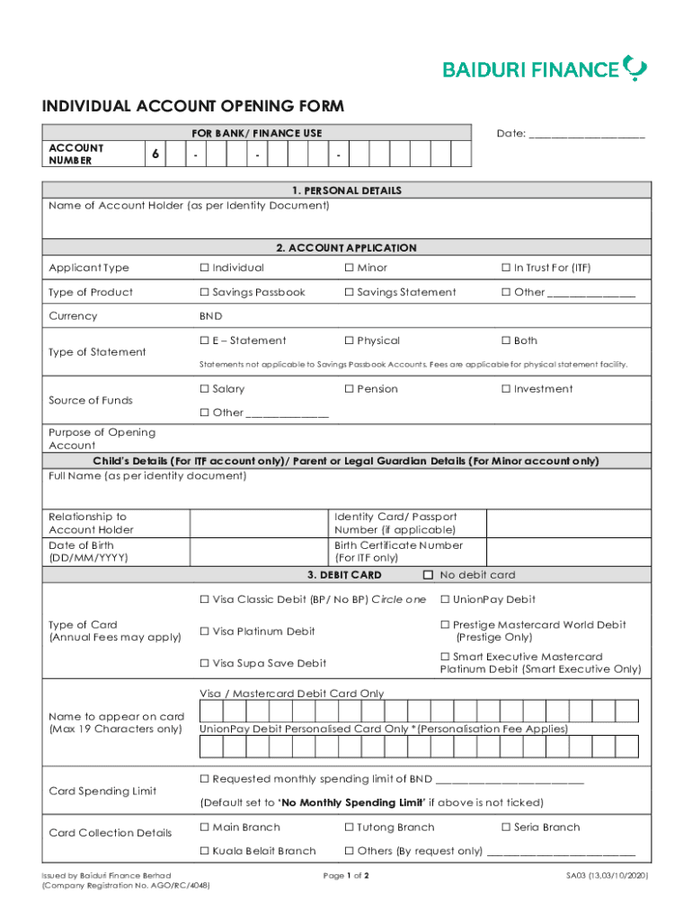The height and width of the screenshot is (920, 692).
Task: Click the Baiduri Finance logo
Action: (x=544, y=68)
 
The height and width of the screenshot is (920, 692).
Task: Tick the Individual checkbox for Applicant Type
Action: (x=204, y=268)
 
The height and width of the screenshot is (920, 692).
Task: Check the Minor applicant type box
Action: (x=349, y=268)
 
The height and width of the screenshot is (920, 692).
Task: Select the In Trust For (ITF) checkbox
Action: (x=506, y=268)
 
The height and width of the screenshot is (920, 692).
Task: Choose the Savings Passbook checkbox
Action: (x=204, y=292)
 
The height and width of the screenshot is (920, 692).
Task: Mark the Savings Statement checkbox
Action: (x=349, y=292)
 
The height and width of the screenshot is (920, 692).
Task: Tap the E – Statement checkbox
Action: (x=204, y=341)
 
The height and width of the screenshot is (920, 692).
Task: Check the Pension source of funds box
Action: (x=349, y=389)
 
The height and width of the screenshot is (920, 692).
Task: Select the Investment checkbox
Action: (x=506, y=389)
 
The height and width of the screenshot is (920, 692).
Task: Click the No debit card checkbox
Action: (x=428, y=575)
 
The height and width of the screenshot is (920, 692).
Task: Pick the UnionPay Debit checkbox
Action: (x=445, y=599)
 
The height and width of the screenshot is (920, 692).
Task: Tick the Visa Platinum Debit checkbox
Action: (x=204, y=632)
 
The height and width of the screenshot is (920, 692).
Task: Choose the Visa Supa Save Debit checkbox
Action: (x=204, y=664)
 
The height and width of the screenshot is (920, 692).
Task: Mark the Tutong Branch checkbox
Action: (x=349, y=827)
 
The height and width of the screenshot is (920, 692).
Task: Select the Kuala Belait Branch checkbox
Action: (x=204, y=851)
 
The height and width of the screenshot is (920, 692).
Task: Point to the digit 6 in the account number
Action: (x=155, y=155)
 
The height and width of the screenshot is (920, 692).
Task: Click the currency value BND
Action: (x=211, y=316)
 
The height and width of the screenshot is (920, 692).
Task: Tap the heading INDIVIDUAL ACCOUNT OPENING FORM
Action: (x=192, y=107)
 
